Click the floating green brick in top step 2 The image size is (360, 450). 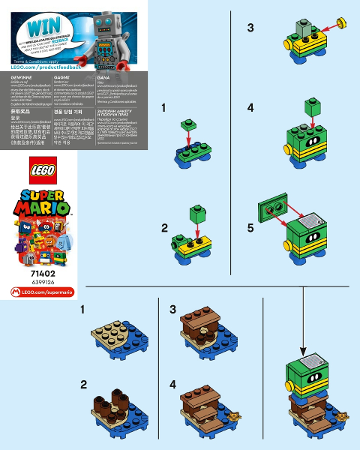pos(197,215)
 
